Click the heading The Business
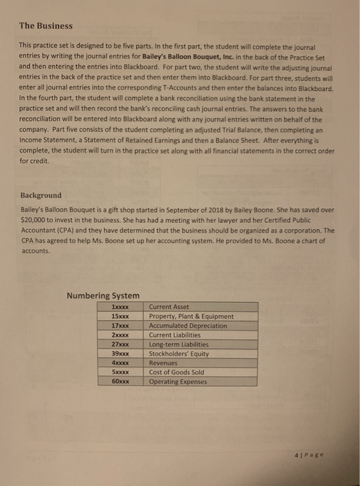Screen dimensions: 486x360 [45, 26]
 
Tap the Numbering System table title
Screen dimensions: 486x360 [103, 296]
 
